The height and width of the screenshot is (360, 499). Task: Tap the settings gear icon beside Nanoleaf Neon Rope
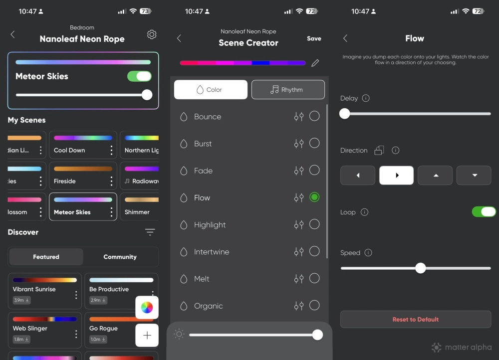click(152, 34)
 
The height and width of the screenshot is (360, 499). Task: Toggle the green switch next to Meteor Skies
click(139, 76)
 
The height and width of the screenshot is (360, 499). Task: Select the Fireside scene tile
click(83, 176)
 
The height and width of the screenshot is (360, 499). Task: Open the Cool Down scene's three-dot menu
click(111, 150)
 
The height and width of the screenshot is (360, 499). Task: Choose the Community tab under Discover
click(120, 257)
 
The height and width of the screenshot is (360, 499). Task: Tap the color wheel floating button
click(147, 308)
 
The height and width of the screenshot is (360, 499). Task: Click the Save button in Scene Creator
click(314, 38)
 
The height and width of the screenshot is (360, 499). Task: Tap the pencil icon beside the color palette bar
click(315, 63)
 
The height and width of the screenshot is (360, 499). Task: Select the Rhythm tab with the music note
click(288, 90)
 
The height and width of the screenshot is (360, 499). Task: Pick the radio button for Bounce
click(314, 116)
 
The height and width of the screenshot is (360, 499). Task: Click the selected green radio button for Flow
click(314, 197)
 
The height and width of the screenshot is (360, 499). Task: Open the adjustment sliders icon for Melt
click(298, 279)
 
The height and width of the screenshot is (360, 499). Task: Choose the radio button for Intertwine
click(314, 251)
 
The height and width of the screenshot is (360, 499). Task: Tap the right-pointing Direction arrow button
click(396, 176)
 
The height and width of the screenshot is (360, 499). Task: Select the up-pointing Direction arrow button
click(435, 176)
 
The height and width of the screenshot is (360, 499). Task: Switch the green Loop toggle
click(484, 212)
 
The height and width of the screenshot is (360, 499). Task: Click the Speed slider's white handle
click(421, 268)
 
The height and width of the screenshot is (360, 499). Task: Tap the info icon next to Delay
click(366, 98)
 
